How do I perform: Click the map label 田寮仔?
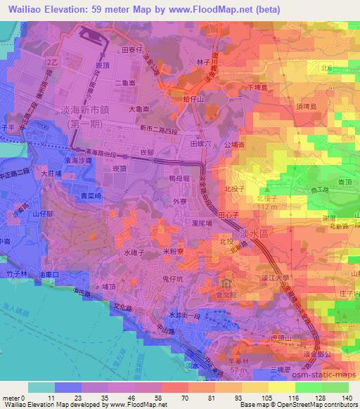tap(132, 51)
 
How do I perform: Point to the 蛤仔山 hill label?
tap(193, 100)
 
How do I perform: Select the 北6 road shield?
tap(325, 68)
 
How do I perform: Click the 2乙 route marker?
tap(51, 63)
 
